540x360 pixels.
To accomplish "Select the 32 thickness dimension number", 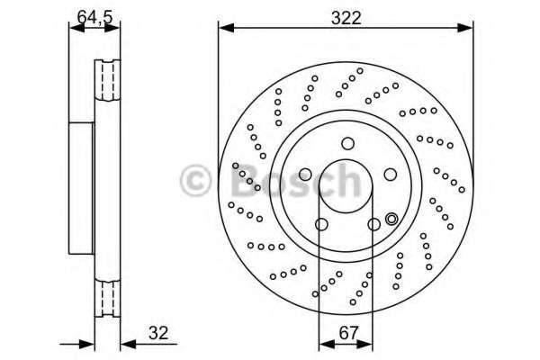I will (x=159, y=333).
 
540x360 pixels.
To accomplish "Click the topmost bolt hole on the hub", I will (x=346, y=144).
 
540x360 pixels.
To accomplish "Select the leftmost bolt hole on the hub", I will (x=305, y=174).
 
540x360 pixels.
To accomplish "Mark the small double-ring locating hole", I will (x=391, y=219).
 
